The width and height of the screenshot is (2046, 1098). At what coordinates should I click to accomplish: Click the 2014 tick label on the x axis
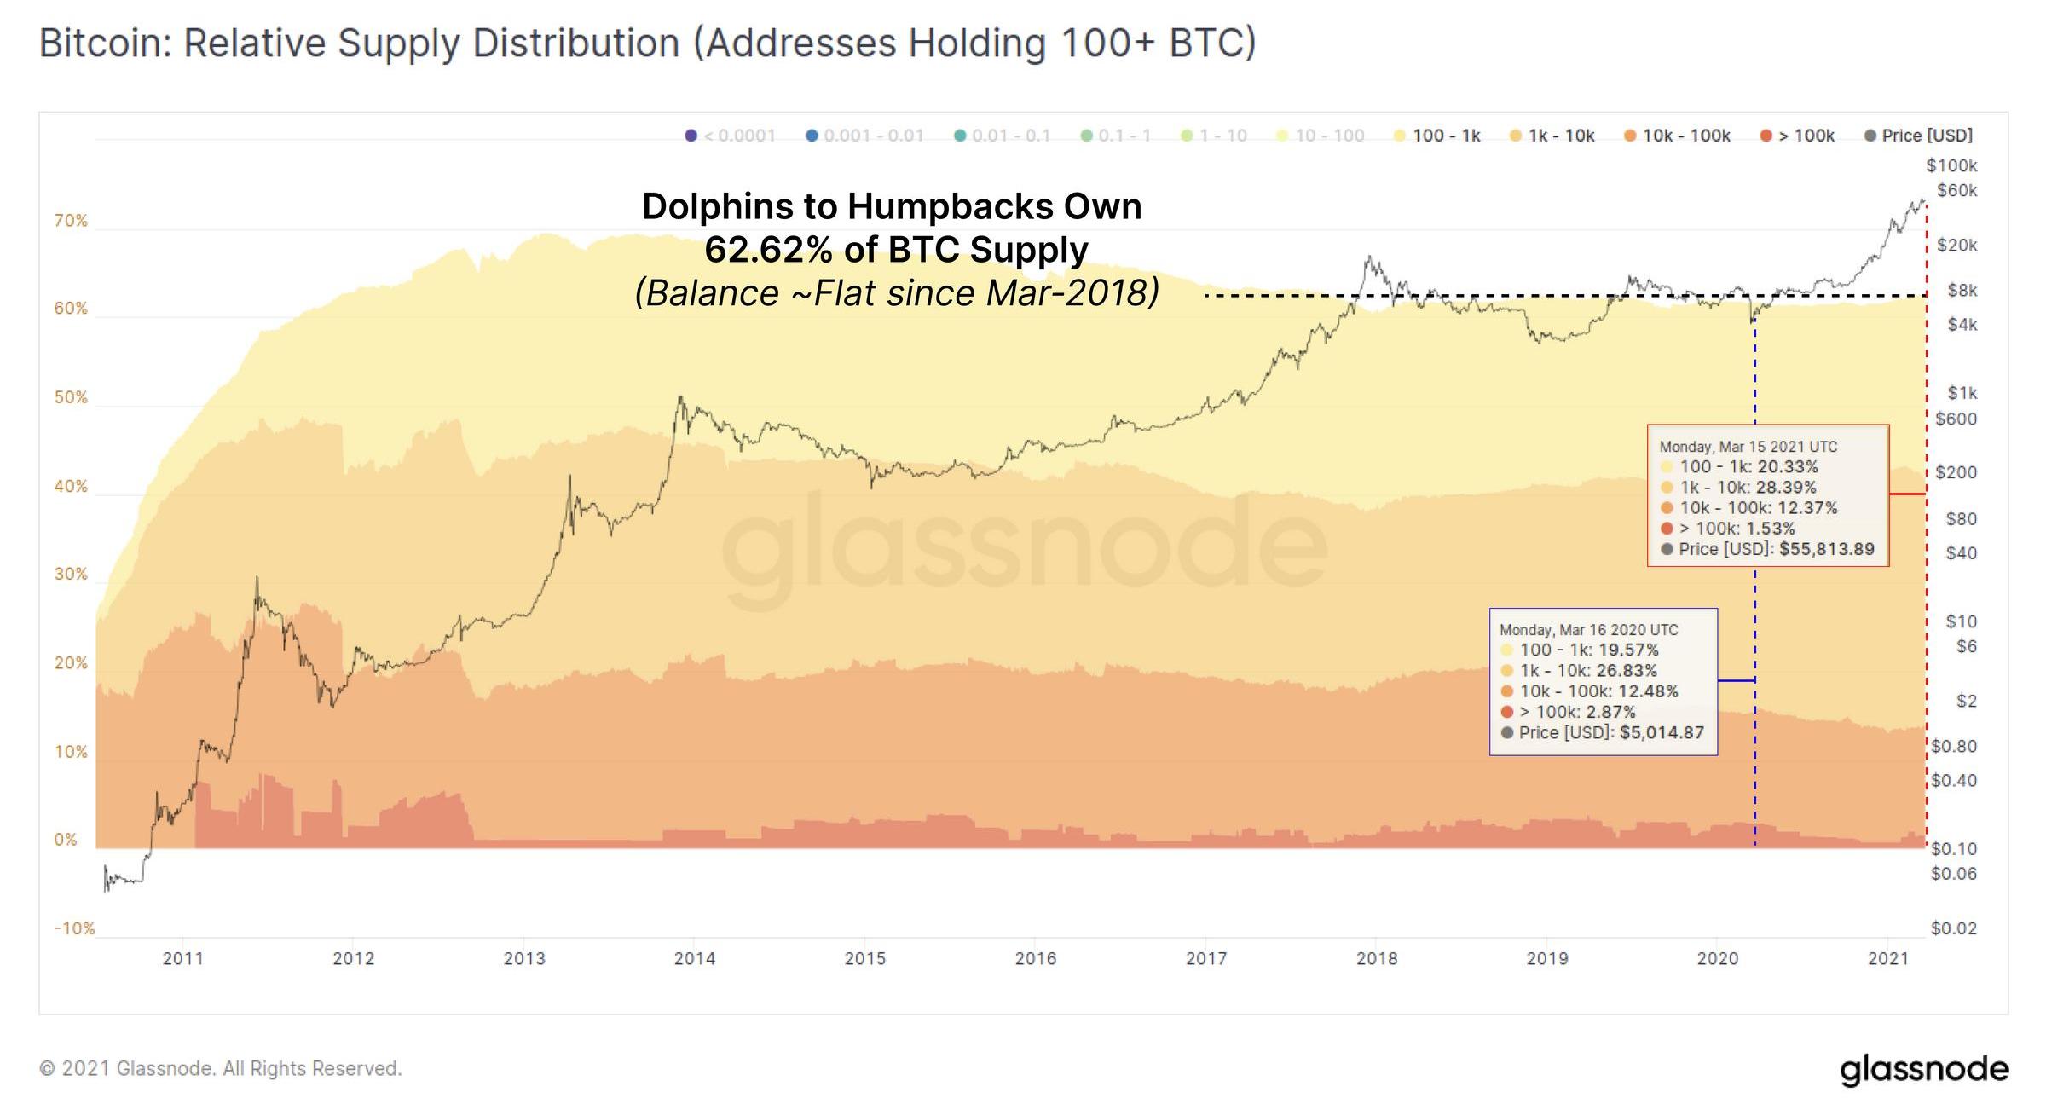[x=694, y=958]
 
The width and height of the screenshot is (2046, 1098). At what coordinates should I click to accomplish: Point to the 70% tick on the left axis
[x=71, y=221]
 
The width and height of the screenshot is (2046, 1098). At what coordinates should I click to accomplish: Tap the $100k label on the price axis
[x=1951, y=165]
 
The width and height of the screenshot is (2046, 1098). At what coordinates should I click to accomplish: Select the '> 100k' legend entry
[x=1798, y=136]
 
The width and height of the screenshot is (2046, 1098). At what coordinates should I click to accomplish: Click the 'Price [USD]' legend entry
[x=1919, y=136]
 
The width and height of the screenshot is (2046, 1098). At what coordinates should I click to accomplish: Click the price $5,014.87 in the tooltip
[x=1662, y=732]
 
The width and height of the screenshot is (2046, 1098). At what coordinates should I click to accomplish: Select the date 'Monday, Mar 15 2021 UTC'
[x=1748, y=447]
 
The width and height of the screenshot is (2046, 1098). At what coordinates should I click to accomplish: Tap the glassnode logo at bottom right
[x=1923, y=1069]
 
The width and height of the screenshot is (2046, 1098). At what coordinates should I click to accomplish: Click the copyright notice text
[x=220, y=1069]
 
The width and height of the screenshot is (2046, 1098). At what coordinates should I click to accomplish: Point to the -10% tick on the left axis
[x=74, y=928]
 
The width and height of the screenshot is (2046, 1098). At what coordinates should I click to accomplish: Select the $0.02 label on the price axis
[x=1953, y=928]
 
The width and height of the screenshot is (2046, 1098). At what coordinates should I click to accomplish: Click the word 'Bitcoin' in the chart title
[x=105, y=43]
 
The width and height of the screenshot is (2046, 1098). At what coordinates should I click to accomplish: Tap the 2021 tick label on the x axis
[x=1887, y=958]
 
